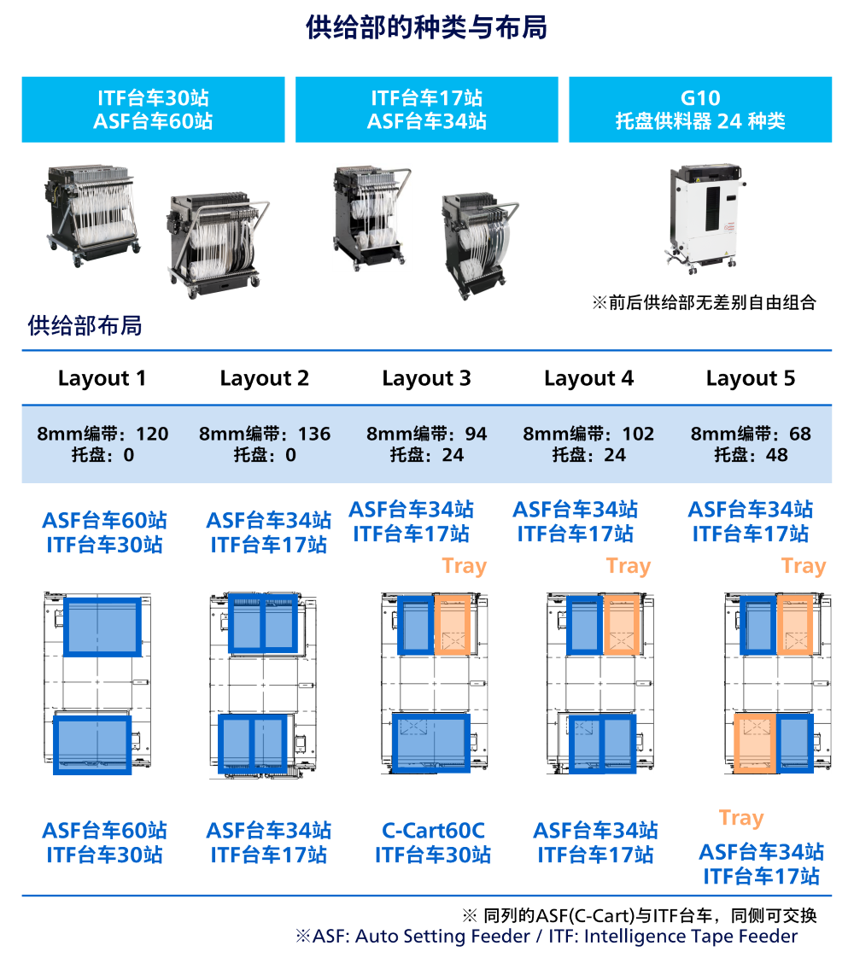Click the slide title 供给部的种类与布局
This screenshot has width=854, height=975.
pos(426,28)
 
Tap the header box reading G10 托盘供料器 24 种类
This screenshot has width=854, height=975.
pos(700,109)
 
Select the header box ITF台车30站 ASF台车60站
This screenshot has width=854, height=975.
pos(153,109)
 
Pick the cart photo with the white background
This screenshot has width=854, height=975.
pos(372,218)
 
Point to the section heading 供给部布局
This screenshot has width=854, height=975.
pos(85,325)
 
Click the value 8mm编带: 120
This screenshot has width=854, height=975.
pos(102,434)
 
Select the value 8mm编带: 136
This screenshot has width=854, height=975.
pos(265,434)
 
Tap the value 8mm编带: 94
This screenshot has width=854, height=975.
pos(427,434)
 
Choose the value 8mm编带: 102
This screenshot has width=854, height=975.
pos(588,434)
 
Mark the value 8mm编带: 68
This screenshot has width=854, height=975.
pos(751,434)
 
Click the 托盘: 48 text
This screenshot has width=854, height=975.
pos(751,455)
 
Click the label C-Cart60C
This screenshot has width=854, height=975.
pos(433,830)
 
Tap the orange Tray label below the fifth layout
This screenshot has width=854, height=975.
pos(741,818)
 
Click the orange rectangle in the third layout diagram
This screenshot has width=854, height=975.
pos(453,626)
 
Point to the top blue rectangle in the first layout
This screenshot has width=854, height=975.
pos(102,626)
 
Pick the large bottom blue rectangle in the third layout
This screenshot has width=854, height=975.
pos(431,743)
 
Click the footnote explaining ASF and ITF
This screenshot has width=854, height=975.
pos(547,937)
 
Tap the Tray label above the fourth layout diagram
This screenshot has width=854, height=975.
pos(629,566)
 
